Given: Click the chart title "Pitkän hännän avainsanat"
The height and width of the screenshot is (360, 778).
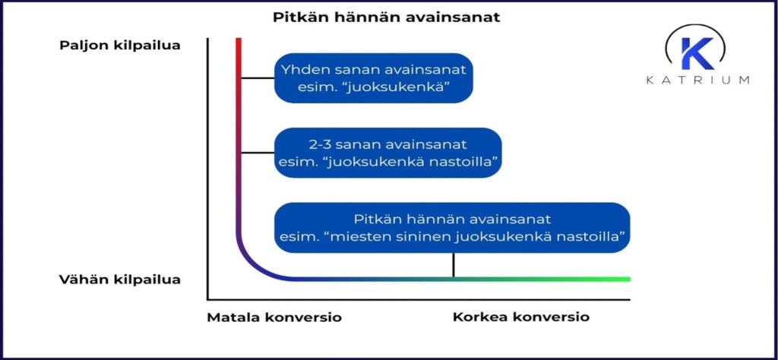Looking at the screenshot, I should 386,17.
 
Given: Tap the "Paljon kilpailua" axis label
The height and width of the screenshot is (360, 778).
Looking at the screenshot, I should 120,45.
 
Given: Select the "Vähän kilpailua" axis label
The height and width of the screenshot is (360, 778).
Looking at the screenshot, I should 120,279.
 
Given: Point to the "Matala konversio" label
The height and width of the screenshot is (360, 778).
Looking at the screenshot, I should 274,317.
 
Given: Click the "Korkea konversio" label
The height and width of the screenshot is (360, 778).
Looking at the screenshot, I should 521,317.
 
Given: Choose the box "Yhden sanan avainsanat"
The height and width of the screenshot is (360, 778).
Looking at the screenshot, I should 373,78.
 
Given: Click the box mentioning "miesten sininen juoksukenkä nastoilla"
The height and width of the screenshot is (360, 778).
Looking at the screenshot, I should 452,227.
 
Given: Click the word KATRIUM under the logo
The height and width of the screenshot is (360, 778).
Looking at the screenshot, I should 697,80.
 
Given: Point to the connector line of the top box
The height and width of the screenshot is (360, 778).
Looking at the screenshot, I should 258,77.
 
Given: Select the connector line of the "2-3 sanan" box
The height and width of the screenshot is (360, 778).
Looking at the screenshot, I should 258,152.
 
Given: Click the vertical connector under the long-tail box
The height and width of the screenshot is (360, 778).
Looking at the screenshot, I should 454,265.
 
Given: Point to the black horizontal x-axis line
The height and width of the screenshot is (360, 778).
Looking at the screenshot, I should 418,300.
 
